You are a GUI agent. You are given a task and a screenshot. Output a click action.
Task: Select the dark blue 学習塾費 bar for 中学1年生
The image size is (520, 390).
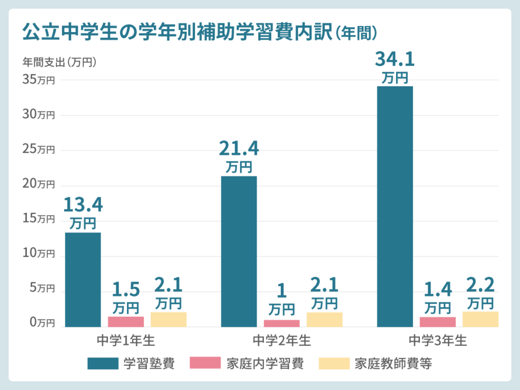(83, 279)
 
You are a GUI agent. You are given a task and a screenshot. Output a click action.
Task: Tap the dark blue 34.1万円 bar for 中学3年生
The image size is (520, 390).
(395, 206)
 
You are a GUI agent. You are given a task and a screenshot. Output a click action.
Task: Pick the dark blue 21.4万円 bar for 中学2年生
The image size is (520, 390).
(239, 251)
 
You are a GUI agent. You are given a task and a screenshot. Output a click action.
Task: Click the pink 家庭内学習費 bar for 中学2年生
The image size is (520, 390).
(281, 323)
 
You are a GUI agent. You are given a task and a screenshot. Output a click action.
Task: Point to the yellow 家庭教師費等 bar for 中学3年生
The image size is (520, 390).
(480, 319)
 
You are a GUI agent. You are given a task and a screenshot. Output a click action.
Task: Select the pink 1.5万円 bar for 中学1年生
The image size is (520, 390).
(125, 321)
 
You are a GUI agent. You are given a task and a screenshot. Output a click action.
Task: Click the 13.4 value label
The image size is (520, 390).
(83, 205)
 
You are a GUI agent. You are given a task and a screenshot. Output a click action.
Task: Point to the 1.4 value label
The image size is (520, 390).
(437, 289)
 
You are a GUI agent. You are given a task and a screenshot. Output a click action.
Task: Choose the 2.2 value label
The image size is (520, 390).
(480, 285)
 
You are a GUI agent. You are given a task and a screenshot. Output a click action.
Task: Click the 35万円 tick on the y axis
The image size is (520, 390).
(39, 80)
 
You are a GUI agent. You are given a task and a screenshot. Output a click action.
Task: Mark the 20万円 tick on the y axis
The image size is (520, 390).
(39, 184)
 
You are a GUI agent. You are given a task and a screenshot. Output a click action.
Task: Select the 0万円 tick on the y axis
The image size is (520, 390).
(39, 322)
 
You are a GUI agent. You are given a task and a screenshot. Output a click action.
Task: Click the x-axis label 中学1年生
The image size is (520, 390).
(125, 340)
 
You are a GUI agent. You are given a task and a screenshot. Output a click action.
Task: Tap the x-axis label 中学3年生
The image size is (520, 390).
(437, 340)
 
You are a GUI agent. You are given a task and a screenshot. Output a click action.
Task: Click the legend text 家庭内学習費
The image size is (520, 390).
(265, 364)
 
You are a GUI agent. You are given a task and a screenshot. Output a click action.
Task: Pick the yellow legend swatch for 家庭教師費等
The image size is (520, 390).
(334, 364)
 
